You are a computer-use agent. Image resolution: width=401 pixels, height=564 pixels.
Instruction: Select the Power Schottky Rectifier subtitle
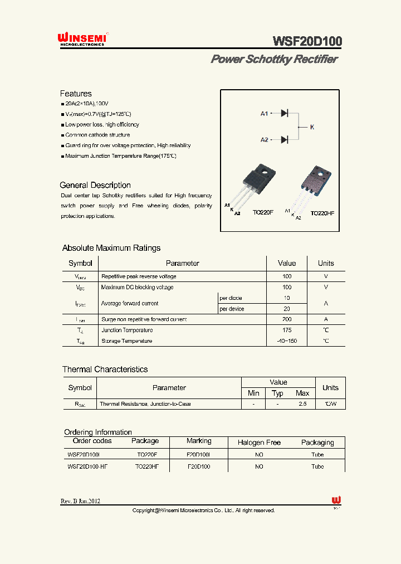274,59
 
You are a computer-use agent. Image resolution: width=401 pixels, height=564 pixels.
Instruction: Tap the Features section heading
76,94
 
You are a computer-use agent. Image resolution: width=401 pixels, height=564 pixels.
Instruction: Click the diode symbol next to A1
284,113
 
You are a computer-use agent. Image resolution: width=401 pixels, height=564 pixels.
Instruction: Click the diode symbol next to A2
284,139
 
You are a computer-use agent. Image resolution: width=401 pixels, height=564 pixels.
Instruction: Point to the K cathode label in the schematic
312,127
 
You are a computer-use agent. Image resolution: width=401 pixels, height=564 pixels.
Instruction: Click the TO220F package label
263,212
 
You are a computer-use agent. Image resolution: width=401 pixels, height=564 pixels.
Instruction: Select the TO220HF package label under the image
322,213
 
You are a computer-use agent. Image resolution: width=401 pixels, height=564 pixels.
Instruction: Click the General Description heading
95,185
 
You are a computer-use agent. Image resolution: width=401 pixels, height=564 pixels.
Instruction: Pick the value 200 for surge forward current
287,319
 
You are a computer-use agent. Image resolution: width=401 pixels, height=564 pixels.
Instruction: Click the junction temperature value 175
287,330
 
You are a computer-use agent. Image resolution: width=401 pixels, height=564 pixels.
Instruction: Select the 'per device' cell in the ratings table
232,309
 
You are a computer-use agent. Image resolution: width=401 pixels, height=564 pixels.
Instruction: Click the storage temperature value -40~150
287,341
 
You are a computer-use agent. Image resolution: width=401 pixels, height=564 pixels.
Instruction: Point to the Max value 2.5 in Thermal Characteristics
302,403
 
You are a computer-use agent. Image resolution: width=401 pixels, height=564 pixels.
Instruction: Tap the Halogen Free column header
259,443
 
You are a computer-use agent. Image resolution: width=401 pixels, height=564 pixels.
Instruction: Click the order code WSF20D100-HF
87,466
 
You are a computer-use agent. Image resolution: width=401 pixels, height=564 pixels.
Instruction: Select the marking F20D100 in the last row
198,466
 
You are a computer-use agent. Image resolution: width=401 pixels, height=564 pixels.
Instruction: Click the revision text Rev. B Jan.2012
81,501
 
